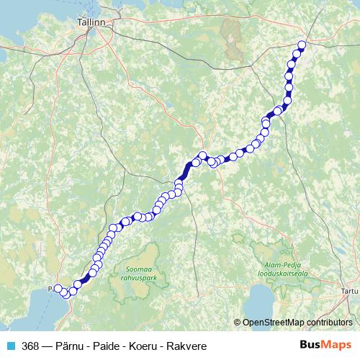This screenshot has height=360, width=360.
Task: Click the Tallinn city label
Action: pyautogui.click(x=91, y=22)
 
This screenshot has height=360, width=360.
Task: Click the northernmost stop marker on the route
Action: pyautogui.click(x=302, y=45)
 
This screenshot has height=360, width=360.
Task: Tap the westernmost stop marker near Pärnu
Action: pyautogui.click(x=58, y=289)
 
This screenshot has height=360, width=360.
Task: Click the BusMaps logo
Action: pyautogui.click(x=326, y=345)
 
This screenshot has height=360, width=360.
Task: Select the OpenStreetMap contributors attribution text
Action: pyautogui.click(x=297, y=323)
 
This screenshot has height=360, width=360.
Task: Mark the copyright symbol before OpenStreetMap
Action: pyautogui.click(x=238, y=323)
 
